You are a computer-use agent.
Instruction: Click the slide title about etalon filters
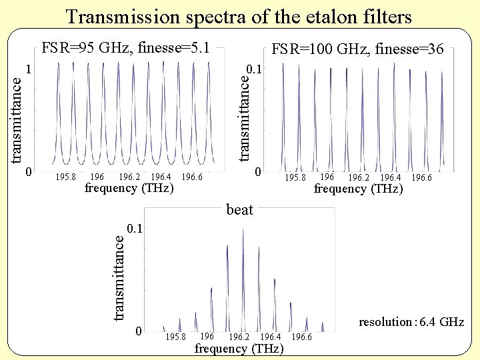pyautogui.click(x=239, y=16)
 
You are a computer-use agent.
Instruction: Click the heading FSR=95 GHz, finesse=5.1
pyautogui.click(x=126, y=48)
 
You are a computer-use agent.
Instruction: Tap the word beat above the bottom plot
pyautogui.click(x=240, y=210)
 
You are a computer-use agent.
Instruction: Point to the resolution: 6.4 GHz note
pyautogui.click(x=411, y=323)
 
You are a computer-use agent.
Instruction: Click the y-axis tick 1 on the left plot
pyautogui.click(x=28, y=69)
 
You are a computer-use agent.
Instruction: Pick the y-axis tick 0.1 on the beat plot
pyautogui.click(x=135, y=229)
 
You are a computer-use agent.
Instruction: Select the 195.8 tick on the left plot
pyautogui.click(x=65, y=177)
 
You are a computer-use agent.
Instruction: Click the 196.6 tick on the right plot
pyautogui.click(x=421, y=178)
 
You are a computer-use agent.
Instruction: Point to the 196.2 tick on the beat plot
pyautogui.click(x=239, y=337)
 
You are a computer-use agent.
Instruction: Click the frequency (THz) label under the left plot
pyautogui.click(x=129, y=189)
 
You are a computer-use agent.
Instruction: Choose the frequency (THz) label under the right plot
pyautogui.click(x=359, y=189)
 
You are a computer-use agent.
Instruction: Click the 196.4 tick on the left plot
pyautogui.click(x=161, y=177)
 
